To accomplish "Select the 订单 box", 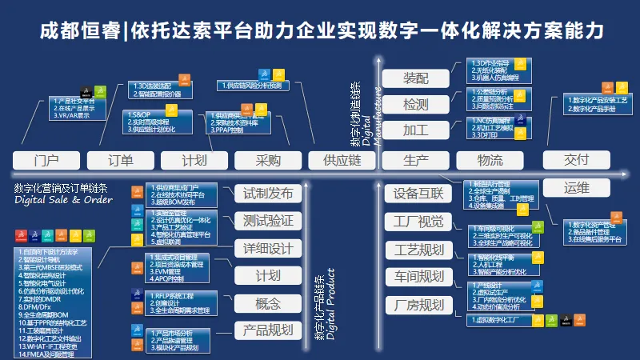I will (x=120, y=160).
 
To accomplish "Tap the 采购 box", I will (x=268, y=160).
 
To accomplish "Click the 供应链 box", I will (x=342, y=160).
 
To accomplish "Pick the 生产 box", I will (x=416, y=160).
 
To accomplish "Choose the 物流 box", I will (x=490, y=160).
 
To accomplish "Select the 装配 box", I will (x=416, y=78).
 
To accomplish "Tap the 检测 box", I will (x=416, y=104).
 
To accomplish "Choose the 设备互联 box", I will (x=414, y=193).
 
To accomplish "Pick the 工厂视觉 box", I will (x=414, y=221).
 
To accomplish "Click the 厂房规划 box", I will (x=414, y=305).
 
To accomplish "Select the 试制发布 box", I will (x=267, y=193).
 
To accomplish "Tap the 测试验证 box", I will (x=267, y=221).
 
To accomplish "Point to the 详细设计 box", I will (x=267, y=248).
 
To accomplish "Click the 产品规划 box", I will (x=267, y=330).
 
